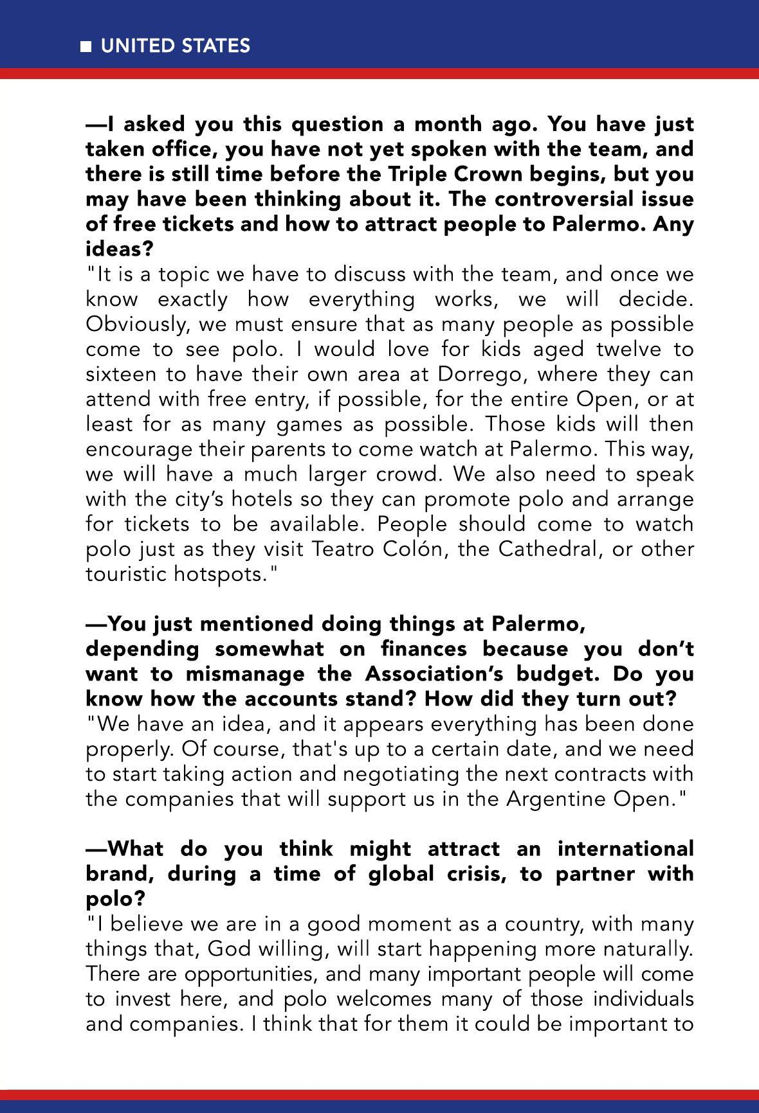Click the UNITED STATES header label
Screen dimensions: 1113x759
click(176, 46)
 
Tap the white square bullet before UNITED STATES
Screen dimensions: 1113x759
click(86, 46)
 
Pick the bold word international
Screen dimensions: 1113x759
click(625, 849)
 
